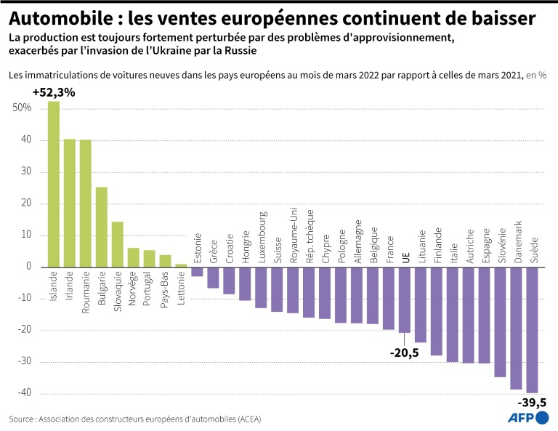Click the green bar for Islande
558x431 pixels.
(54, 183)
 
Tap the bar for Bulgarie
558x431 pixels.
(102, 226)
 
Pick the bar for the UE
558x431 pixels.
(405, 299)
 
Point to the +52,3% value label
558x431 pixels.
(53, 92)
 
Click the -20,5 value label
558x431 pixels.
(405, 353)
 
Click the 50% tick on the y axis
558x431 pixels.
(22, 108)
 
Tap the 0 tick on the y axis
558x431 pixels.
(28, 267)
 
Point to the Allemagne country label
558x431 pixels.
(357, 239)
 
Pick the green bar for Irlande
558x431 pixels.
(70, 202)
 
